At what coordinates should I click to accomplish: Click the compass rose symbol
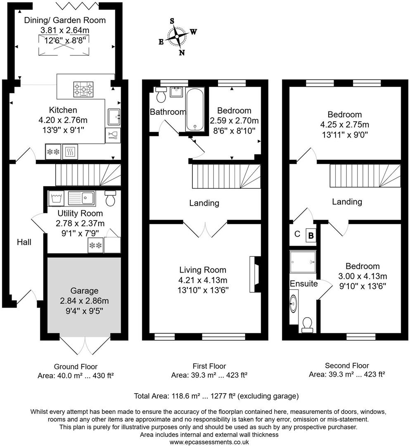pos(178,36)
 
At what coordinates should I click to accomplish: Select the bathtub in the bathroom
pos(194,110)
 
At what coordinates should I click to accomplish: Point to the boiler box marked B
pos(310,236)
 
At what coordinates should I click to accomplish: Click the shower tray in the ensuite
pos(303,261)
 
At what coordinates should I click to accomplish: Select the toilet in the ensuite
pos(307,325)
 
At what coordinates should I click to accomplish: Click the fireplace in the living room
pos(254,274)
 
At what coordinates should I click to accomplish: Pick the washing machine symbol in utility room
pos(56,198)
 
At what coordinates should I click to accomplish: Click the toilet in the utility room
pos(110,199)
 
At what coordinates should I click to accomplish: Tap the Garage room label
pos(84,291)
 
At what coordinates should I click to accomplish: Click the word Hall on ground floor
pos(24,242)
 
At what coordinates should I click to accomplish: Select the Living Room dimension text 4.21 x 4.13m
pos(202,280)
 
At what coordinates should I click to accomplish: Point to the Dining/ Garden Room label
pos(64,20)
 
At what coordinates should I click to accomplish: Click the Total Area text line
pos(216,396)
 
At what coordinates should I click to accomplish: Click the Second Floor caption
pos(347,365)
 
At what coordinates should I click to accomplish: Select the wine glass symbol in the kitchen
pos(112,135)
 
